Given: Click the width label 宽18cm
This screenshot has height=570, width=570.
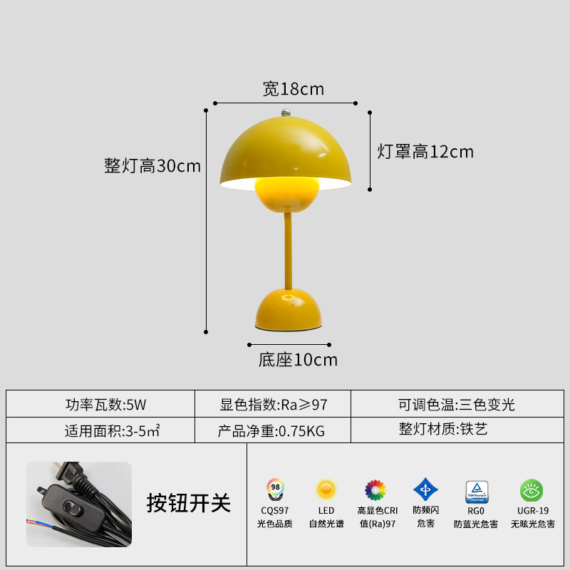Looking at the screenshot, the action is (x=293, y=89).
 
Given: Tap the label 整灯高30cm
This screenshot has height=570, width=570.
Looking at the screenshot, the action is (x=152, y=166).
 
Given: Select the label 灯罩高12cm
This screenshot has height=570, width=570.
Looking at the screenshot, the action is (x=425, y=151).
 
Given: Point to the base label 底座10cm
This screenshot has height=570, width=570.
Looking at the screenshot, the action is (x=298, y=360).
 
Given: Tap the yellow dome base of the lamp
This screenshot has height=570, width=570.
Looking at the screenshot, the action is (x=287, y=309).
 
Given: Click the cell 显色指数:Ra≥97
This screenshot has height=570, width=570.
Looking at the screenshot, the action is (x=273, y=405).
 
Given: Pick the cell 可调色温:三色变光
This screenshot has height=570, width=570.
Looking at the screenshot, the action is (x=457, y=405).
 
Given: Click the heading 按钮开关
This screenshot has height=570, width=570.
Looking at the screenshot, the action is (x=189, y=503).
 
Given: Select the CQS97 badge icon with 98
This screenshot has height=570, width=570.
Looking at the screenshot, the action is (x=274, y=489).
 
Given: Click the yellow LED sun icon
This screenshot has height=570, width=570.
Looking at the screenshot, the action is (x=326, y=489).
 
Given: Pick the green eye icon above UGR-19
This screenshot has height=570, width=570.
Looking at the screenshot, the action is (x=532, y=490).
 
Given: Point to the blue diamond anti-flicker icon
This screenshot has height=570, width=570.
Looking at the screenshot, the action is (x=425, y=489).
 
